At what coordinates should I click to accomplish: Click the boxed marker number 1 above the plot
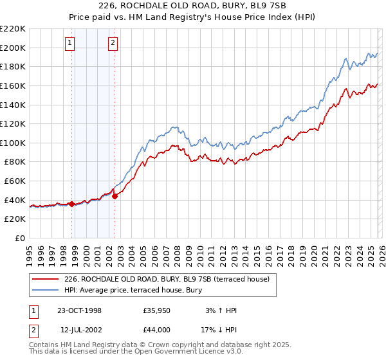[x=69, y=44]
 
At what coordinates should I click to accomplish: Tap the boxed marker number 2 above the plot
[x=113, y=44]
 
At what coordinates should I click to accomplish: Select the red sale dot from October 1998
[x=72, y=204]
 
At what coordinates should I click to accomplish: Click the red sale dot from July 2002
[x=115, y=196]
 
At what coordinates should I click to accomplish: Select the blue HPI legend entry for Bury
[x=133, y=290]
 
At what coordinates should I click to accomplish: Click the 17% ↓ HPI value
[x=219, y=330]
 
